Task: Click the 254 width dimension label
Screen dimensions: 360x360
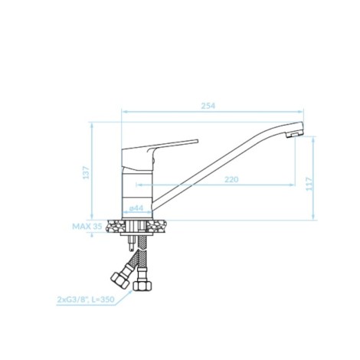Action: [208, 106]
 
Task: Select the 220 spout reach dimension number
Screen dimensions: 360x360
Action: [231, 179]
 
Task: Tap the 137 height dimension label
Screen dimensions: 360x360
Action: [87, 172]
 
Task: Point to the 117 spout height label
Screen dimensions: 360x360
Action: [309, 184]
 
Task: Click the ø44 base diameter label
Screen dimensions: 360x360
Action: [136, 208]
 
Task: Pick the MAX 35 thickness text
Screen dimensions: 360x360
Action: [87, 227]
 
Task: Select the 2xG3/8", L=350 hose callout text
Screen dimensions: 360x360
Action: [86, 299]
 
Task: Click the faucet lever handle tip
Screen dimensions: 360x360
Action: [197, 141]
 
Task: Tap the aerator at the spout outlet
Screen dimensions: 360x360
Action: [294, 134]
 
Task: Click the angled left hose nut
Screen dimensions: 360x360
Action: [119, 280]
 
